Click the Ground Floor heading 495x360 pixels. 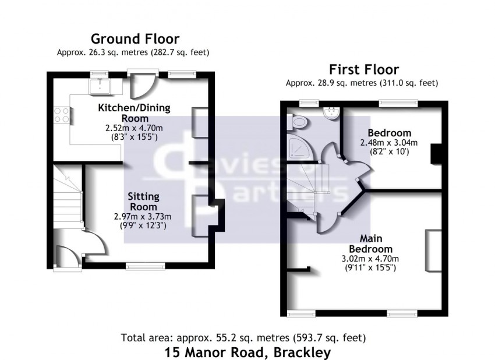click(x=135, y=39)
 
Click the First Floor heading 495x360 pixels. click(x=364, y=69)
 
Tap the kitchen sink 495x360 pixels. click(x=100, y=86)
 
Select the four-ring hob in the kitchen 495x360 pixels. click(x=62, y=115)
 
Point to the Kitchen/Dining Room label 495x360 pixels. click(x=134, y=113)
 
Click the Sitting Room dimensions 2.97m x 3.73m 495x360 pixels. click(x=143, y=217)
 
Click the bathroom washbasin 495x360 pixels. click(x=331, y=114)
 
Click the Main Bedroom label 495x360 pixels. click(x=370, y=243)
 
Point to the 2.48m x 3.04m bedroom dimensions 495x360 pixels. click(x=389, y=143)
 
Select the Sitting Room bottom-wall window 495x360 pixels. click(x=146, y=266)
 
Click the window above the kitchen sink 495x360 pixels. click(x=99, y=75)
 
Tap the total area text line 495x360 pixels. click(x=243, y=338)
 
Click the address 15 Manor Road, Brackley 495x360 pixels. click(x=248, y=352)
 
